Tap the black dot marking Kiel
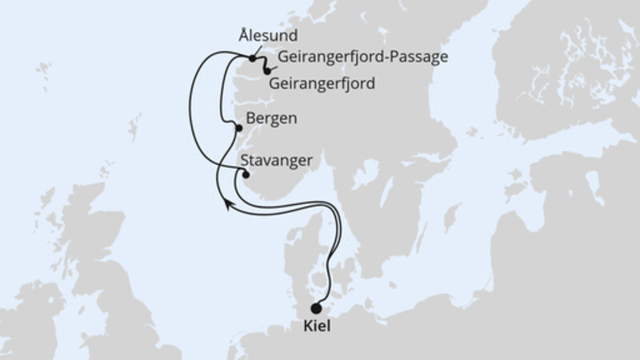[317, 309]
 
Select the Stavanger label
[277, 161]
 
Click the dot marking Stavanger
[246, 175]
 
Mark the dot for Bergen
[238, 127]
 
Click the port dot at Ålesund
[252, 58]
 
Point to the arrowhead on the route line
[228, 206]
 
